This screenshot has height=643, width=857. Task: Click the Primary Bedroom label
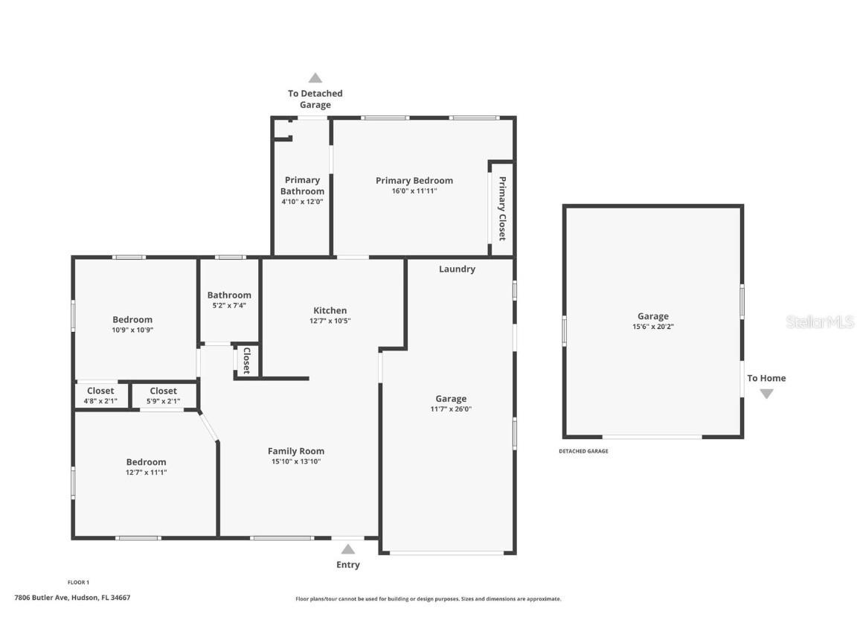click(x=414, y=180)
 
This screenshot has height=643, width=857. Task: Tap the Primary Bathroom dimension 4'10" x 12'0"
click(x=302, y=202)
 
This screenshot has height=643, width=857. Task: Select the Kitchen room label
click(x=330, y=310)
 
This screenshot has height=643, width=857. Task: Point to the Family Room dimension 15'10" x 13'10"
click(x=296, y=461)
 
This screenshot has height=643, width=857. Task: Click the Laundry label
click(x=457, y=269)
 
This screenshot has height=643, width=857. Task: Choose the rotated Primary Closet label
click(x=502, y=208)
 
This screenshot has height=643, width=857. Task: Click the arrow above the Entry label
click(x=347, y=549)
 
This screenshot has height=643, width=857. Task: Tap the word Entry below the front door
click(x=347, y=565)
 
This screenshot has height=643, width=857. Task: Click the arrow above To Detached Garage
click(x=315, y=77)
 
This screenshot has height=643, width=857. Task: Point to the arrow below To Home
click(x=766, y=394)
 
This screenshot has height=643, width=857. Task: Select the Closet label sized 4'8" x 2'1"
click(x=100, y=391)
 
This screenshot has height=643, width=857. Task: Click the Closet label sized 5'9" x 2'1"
click(x=164, y=391)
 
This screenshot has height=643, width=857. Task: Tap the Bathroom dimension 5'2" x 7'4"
click(x=229, y=305)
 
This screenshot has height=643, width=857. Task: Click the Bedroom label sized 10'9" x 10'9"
click(x=132, y=319)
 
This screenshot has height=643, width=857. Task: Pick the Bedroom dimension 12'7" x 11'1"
click(x=146, y=472)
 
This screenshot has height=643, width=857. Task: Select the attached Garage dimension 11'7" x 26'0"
click(x=451, y=409)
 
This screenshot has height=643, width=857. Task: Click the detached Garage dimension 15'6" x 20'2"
click(x=652, y=326)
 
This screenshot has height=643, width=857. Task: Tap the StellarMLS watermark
click(x=821, y=321)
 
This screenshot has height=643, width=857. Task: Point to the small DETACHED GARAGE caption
click(x=583, y=451)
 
